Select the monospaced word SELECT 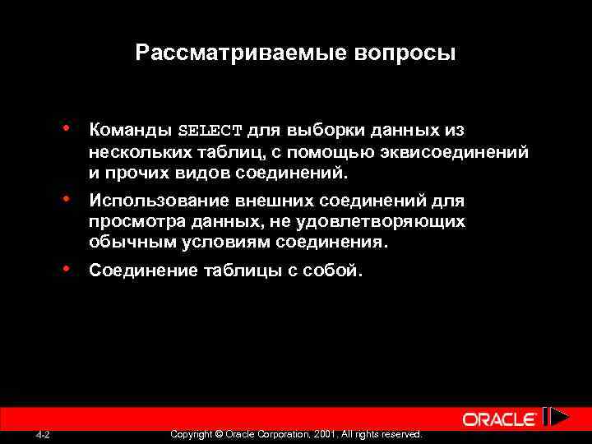point(210,131)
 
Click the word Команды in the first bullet point(130,130)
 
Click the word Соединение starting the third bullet point(142,271)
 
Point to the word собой point(333,271)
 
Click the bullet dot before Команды point(65,128)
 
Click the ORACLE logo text point(500,419)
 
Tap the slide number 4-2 point(44,434)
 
